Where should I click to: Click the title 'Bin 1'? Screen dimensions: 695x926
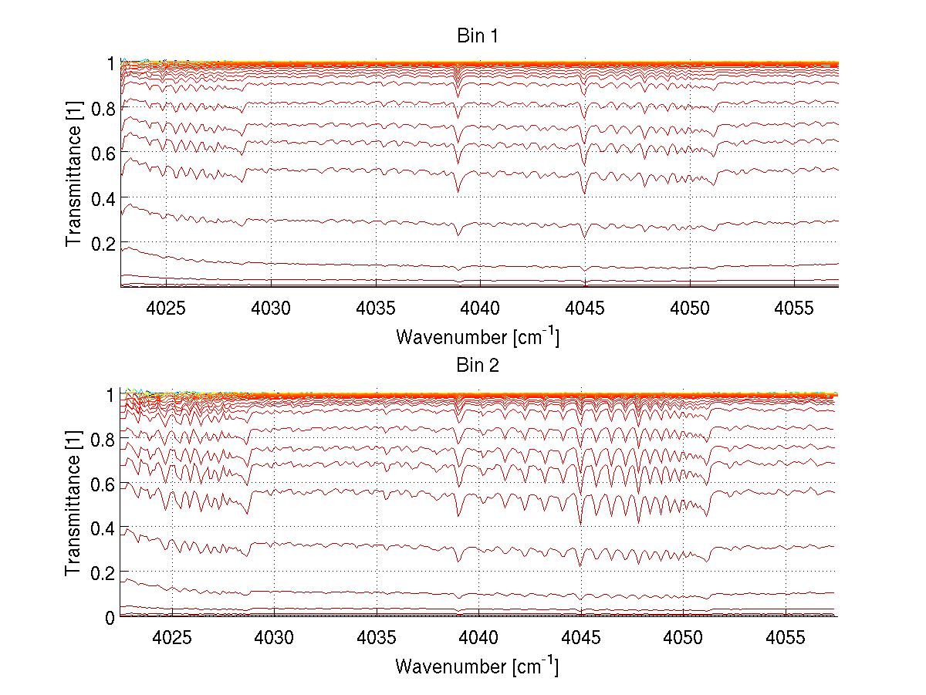click(x=478, y=36)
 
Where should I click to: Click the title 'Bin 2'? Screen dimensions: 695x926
click(x=478, y=366)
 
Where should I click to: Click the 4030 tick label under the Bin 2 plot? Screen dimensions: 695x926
click(x=274, y=639)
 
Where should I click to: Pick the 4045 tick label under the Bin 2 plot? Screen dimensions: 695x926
click(x=580, y=639)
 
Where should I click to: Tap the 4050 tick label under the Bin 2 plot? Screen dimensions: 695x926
click(x=683, y=639)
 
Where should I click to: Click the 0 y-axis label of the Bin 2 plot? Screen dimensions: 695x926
click(x=110, y=618)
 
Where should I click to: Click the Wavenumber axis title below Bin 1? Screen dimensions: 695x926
click(x=478, y=336)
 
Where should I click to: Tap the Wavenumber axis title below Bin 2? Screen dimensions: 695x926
click(x=478, y=666)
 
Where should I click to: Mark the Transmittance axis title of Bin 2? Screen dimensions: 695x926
click(x=74, y=505)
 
